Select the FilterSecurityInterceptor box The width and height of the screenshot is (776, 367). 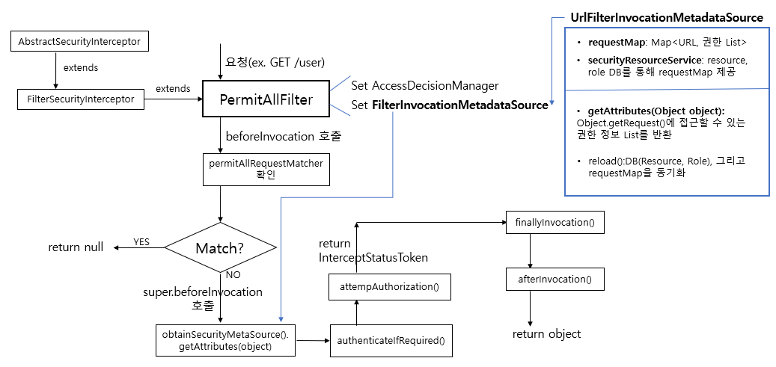pyautogui.click(x=80, y=99)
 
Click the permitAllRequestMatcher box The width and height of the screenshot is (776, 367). pyautogui.click(x=266, y=170)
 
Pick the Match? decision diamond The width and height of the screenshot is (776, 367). pyautogui.click(x=219, y=247)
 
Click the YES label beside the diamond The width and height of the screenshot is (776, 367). pyautogui.click(x=141, y=242)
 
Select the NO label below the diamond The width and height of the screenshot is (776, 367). pyautogui.click(x=233, y=274)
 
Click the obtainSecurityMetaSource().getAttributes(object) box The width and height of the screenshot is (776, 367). pyautogui.click(x=225, y=340)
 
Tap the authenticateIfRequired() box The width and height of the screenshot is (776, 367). pyautogui.click(x=391, y=340)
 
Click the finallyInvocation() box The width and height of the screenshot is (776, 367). pyautogui.click(x=554, y=223)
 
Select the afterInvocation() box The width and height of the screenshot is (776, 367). pyautogui.click(x=554, y=279)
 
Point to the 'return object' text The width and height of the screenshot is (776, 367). pyautogui.click(x=546, y=333)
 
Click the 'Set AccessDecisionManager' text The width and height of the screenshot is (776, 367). pyautogui.click(x=424, y=86)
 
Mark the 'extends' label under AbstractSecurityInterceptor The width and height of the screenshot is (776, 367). pyautogui.click(x=80, y=68)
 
